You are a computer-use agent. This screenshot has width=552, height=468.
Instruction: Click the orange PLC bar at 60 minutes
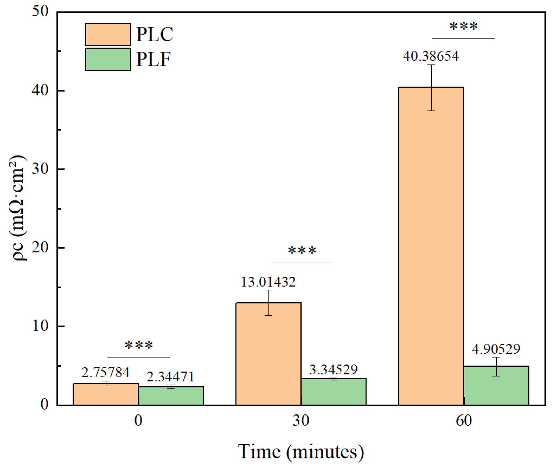point(431,246)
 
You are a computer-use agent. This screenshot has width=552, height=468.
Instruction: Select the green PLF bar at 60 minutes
point(496,385)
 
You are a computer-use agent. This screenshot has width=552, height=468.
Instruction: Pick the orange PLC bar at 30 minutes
point(268,354)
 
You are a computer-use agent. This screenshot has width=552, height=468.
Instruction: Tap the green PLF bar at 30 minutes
point(334,392)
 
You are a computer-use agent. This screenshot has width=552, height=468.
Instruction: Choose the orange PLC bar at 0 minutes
point(106,394)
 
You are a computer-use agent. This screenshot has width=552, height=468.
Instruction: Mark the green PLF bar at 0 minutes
point(171,396)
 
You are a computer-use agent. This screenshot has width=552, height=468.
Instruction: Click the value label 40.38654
point(431,56)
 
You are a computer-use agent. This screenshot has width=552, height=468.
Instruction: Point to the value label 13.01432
point(268,282)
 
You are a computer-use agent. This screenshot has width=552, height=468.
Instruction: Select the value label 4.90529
point(496,349)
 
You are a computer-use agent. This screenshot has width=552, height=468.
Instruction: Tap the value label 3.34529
point(333,370)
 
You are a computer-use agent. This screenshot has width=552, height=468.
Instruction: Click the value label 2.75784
point(106,373)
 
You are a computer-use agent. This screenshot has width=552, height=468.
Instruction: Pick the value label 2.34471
point(171,377)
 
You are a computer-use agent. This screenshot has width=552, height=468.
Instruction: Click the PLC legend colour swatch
point(108,34)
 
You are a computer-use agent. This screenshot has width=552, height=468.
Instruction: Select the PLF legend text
point(153,59)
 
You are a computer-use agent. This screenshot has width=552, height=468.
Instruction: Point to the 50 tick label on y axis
point(40,12)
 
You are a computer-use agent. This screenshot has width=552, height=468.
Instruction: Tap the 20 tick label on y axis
point(40,248)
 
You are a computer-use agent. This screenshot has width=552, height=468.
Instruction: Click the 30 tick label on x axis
point(301,421)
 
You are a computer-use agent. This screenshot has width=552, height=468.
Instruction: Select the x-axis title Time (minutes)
point(301,452)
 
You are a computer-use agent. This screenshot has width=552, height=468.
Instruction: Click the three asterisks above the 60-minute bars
point(463,26)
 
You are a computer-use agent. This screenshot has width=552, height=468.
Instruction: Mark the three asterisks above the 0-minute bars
point(139,345)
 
